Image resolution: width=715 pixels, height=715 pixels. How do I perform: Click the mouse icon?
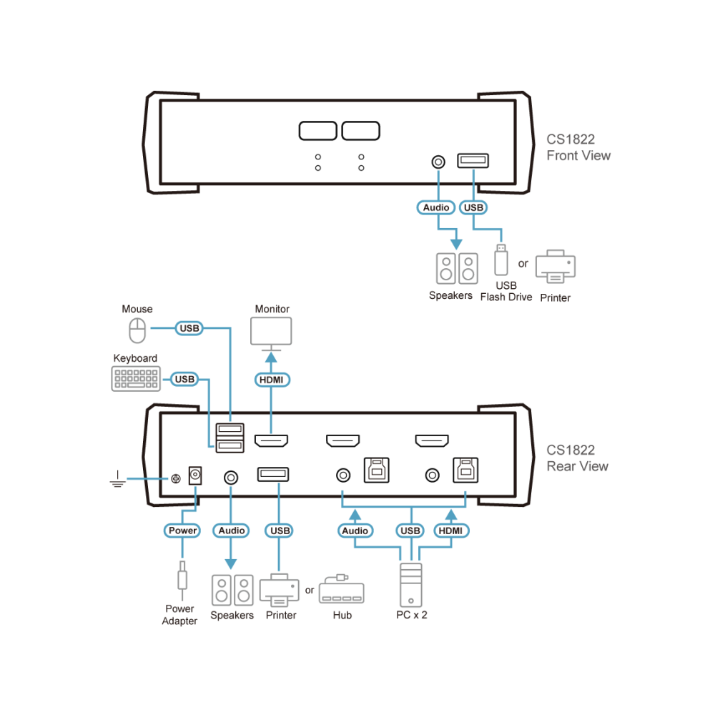[x=137, y=330]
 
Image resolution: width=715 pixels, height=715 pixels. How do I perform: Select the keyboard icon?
[x=136, y=378]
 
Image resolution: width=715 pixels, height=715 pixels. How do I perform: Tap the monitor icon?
[x=271, y=334]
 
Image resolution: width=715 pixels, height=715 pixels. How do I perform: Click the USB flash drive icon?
[x=501, y=260]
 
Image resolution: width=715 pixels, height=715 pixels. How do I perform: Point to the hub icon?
[x=342, y=589]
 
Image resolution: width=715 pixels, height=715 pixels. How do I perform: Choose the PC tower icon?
[x=411, y=585]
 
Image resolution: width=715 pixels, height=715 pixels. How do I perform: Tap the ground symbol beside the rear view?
[x=118, y=479]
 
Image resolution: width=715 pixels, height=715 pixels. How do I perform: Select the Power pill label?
[x=182, y=531]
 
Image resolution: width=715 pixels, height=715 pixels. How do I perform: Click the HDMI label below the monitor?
[x=272, y=380]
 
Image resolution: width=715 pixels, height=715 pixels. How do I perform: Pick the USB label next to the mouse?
[x=189, y=328]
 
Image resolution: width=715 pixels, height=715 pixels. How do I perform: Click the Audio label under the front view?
[x=436, y=207]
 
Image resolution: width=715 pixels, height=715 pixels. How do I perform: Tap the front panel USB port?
[x=473, y=160]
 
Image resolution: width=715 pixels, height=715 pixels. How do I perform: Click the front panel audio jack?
[x=438, y=162]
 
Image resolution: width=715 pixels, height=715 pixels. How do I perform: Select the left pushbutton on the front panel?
[x=318, y=131]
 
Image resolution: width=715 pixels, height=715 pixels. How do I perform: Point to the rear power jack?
[x=195, y=475]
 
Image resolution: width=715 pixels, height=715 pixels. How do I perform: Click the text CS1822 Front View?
[x=578, y=147]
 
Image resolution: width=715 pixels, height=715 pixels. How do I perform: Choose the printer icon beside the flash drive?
[x=556, y=266]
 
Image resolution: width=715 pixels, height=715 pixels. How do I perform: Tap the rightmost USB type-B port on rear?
[x=465, y=470]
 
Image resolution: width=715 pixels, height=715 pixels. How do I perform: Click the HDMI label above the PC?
[x=450, y=531]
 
